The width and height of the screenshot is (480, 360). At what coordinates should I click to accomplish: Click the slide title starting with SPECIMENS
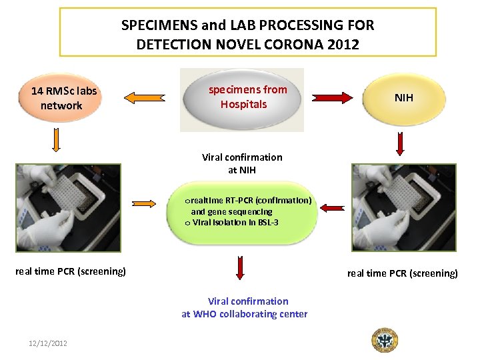(x=247, y=35)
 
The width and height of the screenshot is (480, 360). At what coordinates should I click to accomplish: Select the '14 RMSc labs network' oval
(x=61, y=99)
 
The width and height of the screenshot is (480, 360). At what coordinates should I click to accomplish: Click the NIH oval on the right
(x=403, y=98)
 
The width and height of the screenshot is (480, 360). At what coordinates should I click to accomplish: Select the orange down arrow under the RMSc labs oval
(x=56, y=140)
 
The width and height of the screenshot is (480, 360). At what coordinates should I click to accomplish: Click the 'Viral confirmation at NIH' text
(x=242, y=163)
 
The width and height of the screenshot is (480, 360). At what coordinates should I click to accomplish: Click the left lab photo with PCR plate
(x=69, y=207)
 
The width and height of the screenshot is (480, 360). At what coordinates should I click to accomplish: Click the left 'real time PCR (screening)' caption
(x=70, y=271)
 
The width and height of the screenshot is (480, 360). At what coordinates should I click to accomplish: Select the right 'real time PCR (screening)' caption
(x=402, y=273)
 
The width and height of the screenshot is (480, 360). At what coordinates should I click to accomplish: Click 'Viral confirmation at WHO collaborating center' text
(x=245, y=307)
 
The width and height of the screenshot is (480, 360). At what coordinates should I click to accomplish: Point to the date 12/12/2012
(x=47, y=343)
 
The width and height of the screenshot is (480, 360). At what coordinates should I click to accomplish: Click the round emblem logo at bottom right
(x=384, y=339)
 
